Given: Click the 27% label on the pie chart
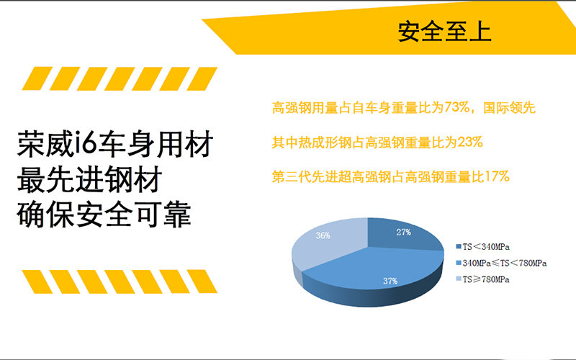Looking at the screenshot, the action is [x=403, y=232].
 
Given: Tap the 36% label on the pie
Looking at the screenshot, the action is [x=323, y=235].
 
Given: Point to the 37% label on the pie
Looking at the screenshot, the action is [x=390, y=281].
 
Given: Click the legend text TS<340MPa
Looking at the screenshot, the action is [x=486, y=247].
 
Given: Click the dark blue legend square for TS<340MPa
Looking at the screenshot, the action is [x=458, y=247].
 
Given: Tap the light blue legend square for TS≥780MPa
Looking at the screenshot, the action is [x=458, y=279].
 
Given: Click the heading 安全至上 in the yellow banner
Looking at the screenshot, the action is [x=444, y=32].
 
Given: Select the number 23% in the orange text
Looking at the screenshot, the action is [x=470, y=142].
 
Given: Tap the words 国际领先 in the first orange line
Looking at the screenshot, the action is [x=509, y=107].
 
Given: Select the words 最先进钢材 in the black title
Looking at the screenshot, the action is [x=89, y=179].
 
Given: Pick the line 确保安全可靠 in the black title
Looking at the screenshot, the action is [x=104, y=214].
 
